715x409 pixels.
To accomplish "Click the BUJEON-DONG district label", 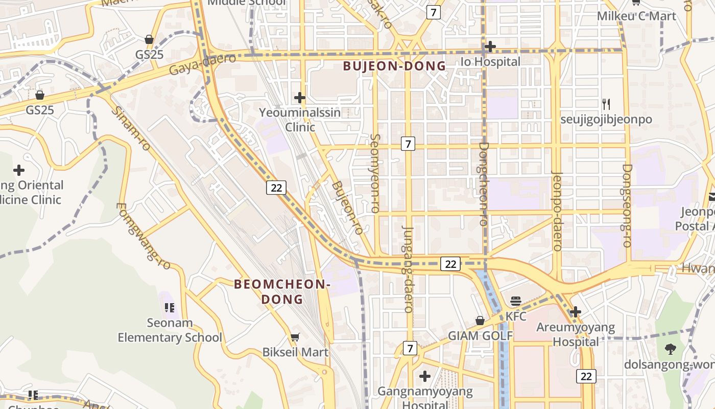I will pos(394,66).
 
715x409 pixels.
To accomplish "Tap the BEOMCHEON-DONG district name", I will pos(282,291).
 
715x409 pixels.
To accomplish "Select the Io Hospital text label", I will pos(490,62).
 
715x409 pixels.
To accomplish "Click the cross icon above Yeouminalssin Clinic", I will pos(300,97).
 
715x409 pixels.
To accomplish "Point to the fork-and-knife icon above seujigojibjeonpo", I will pos(606,104).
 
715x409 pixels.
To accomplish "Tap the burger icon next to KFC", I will pos(516,301).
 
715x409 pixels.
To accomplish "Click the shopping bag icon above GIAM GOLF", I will pos(480,321).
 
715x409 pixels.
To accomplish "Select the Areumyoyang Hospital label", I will pos(576,334).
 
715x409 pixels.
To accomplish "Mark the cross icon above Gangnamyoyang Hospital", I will pos(424,376).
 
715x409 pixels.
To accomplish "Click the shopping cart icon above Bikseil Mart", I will pos(295,337).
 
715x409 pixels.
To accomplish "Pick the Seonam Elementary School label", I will pos(170,330).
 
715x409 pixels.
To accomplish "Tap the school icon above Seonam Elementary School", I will pos(170,308).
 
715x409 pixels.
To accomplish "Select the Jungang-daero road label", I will pos(408,269).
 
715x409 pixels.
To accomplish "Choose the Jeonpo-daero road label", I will pos(557,211).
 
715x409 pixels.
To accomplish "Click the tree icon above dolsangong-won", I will pos(671,349).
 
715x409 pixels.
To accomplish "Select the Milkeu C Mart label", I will pos(636,16).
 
